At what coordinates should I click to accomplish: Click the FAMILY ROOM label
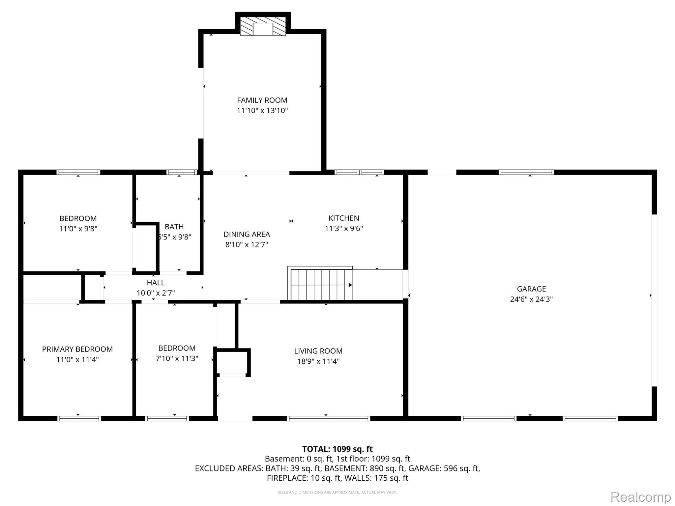coord(262,100)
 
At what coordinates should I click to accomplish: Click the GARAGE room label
coord(531,289)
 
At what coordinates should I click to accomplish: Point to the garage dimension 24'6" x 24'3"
coord(531,299)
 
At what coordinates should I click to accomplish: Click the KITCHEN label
coord(344,218)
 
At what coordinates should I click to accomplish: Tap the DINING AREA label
coord(247,234)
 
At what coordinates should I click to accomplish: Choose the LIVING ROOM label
coord(318,351)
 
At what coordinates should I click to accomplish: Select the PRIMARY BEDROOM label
coord(77,349)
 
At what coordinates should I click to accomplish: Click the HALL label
coord(156,283)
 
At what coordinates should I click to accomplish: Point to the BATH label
coord(174,227)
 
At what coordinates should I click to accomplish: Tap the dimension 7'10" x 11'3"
coord(177,358)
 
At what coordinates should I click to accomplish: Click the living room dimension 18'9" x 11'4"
coord(318,361)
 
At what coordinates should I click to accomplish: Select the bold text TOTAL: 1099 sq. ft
coord(337,449)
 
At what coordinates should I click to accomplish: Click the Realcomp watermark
coord(641,497)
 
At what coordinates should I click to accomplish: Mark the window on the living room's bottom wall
coord(329,418)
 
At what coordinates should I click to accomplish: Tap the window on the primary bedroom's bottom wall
coord(79,418)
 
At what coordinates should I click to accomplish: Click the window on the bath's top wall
coord(182,172)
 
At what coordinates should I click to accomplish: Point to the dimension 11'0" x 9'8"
coord(78,229)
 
